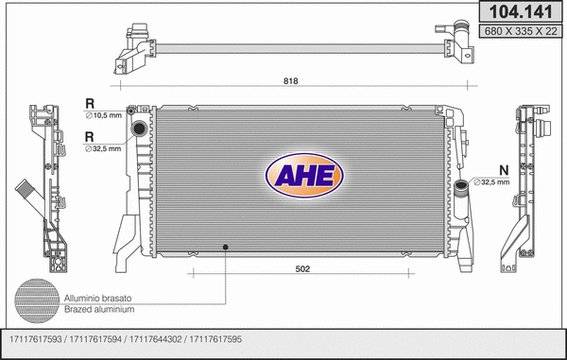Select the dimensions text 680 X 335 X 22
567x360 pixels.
point(519,30)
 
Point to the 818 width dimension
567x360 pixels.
point(291,82)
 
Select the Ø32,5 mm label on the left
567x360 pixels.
point(103,147)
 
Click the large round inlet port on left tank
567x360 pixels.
point(140,129)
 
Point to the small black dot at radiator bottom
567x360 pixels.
point(226,248)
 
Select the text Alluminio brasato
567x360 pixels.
point(97,298)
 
